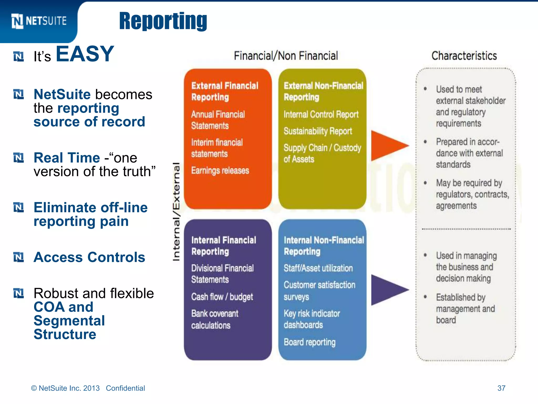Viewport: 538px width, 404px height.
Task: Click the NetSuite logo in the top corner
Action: (x=39, y=21)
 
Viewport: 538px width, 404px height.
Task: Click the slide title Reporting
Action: (x=163, y=21)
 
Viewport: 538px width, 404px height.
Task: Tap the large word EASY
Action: (x=85, y=54)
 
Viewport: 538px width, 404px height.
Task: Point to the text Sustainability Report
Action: (x=318, y=131)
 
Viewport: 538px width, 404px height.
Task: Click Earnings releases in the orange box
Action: (x=220, y=170)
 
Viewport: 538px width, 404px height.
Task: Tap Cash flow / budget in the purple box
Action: (x=222, y=297)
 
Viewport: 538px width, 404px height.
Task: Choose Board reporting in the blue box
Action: (x=309, y=342)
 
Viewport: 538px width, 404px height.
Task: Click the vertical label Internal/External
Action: (x=176, y=212)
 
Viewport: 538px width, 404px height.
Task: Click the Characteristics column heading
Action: (x=464, y=56)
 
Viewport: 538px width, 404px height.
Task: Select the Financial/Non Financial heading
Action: (x=286, y=56)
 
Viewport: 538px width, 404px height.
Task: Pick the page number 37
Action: (x=501, y=388)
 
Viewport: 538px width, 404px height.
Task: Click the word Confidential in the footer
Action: (x=125, y=388)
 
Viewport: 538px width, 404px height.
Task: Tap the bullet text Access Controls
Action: (x=89, y=257)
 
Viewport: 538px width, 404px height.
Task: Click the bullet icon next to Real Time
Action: (x=18, y=158)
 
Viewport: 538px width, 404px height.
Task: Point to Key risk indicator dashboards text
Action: (x=312, y=319)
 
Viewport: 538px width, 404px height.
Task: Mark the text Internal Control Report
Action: (x=321, y=114)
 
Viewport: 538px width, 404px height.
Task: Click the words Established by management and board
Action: (x=465, y=309)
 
